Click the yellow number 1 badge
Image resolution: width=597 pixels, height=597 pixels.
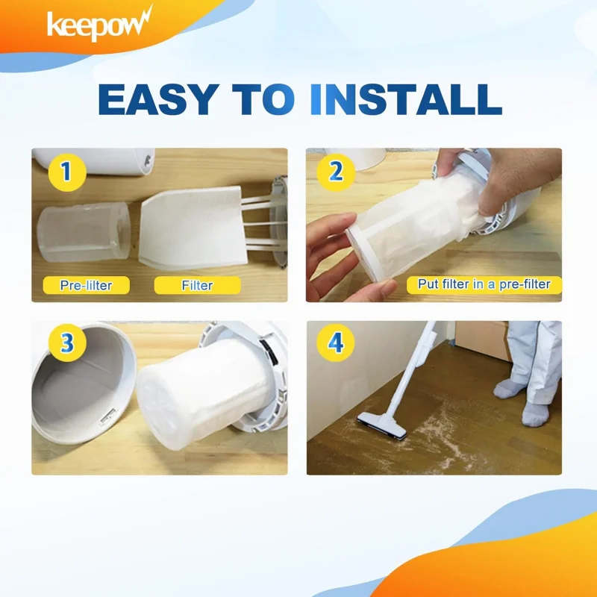[66, 172]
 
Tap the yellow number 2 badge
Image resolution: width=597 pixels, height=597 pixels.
[335, 172]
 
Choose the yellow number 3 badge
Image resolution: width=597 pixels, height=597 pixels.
[66, 343]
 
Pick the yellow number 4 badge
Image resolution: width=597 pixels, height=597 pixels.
[335, 343]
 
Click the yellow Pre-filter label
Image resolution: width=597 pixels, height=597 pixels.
[85, 285]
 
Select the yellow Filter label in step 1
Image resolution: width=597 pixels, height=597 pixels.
[197, 285]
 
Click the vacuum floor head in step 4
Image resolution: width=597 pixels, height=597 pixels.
[382, 425]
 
